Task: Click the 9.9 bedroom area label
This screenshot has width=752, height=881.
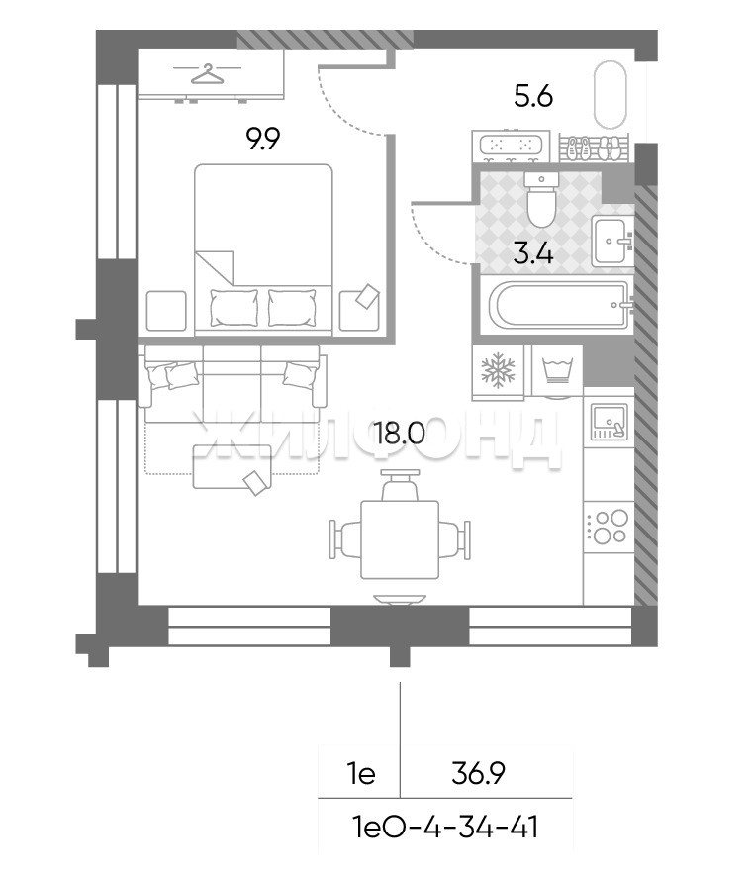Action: [x=264, y=139]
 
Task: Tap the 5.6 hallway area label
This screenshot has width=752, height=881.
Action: [x=533, y=97]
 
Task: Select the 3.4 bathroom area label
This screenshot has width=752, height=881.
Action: [x=534, y=254]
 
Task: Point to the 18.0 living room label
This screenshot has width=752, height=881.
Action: [x=401, y=434]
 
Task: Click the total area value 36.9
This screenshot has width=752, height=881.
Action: [x=479, y=774]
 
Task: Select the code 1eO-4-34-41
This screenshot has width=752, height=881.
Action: [x=444, y=828]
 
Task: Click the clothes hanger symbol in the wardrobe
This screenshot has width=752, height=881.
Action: [x=207, y=73]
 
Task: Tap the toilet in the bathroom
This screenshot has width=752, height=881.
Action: [x=542, y=199]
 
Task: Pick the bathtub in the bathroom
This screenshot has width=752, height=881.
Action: [x=559, y=304]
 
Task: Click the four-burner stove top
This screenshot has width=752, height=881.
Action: [x=609, y=527]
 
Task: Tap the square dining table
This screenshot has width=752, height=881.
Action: [x=400, y=539]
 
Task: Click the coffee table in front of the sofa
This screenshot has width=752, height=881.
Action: [x=233, y=467]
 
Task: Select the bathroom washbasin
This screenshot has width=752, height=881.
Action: [x=612, y=242]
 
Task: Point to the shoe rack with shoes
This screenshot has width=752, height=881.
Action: [x=595, y=147]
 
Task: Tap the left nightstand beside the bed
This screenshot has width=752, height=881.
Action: [x=166, y=311]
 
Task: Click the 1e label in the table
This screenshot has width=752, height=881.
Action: [x=361, y=774]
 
